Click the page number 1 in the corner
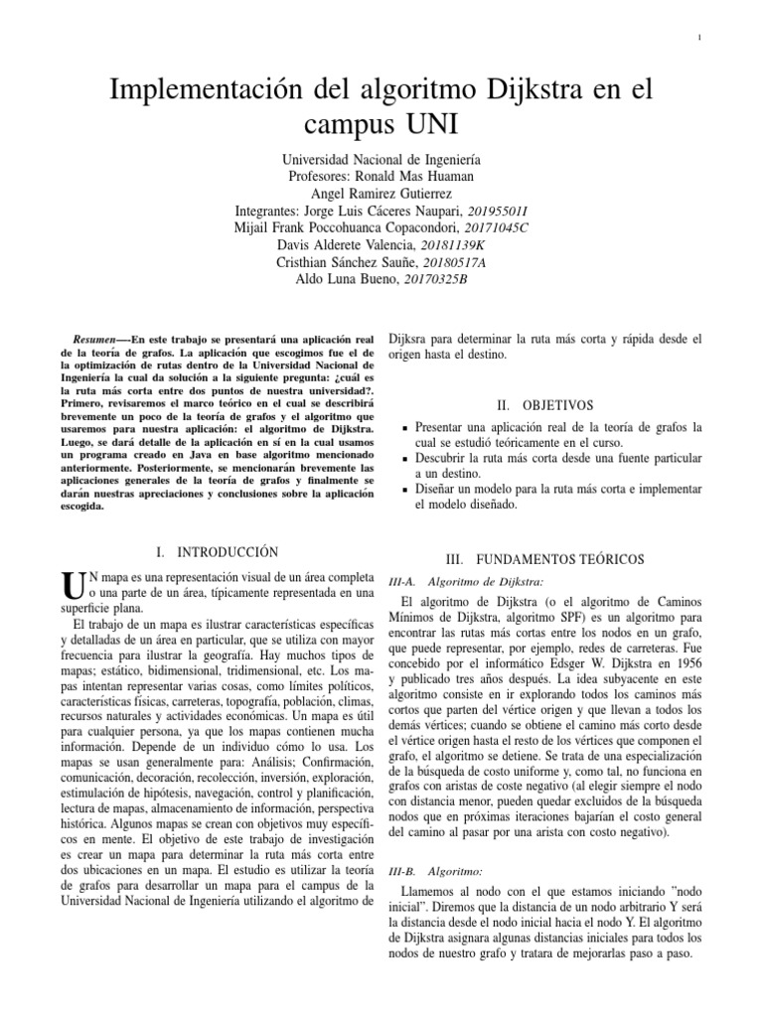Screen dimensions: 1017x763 click(x=701, y=38)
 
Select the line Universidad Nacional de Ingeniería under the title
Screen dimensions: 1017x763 click(x=381, y=159)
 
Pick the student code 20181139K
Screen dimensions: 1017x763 click(x=453, y=245)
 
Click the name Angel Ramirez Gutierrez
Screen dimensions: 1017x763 click(x=381, y=194)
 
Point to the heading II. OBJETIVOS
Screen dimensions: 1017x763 click(x=543, y=405)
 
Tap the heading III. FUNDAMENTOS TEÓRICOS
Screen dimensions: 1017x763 click(x=543, y=560)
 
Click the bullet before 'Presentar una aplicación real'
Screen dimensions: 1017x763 click(x=405, y=428)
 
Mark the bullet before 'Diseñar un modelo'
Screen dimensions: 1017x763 click(x=405, y=491)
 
